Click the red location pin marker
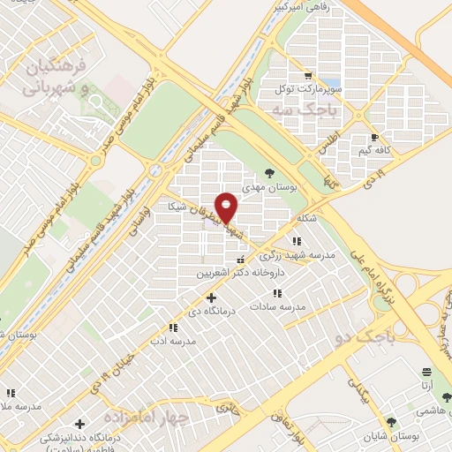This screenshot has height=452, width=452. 227,207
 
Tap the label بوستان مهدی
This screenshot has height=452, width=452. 270,187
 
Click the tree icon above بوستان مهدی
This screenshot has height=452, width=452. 270,174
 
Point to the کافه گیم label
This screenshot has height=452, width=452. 375,151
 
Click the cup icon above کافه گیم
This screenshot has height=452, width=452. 375,138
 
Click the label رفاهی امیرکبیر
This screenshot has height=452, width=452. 303,7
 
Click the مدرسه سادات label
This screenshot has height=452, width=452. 277,305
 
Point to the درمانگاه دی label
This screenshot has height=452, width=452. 211,312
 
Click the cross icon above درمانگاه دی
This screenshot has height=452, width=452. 211,298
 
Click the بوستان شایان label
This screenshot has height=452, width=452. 391,435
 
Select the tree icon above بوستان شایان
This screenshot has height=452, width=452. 391,422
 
